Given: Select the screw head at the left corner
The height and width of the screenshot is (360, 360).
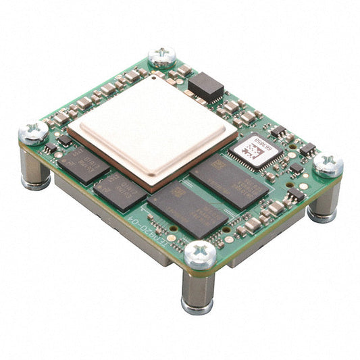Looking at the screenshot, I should [33, 132].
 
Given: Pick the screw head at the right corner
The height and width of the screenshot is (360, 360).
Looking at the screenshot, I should [328, 164].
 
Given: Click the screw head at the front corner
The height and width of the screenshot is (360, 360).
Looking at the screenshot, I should [201, 254].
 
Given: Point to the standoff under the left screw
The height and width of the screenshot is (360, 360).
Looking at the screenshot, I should [35, 172].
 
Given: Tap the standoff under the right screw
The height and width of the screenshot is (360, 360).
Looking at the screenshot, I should [322, 203].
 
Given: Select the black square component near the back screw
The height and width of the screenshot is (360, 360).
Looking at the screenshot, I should [205, 86].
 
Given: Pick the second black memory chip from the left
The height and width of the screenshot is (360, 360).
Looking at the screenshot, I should [121, 188].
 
